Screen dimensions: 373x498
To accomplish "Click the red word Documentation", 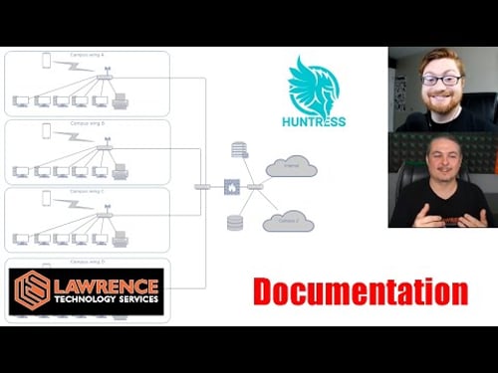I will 360,291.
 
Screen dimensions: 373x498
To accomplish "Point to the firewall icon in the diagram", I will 231,187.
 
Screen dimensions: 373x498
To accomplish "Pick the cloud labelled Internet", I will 291,166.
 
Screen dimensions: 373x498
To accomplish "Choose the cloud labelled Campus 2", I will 288,221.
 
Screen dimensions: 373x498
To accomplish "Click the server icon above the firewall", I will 239,150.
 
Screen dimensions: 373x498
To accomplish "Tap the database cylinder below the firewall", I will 235,222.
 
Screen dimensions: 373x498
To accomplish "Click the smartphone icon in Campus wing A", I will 46,61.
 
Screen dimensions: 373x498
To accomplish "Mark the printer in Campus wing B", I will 121,171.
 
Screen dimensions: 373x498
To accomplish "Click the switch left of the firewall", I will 203,187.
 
